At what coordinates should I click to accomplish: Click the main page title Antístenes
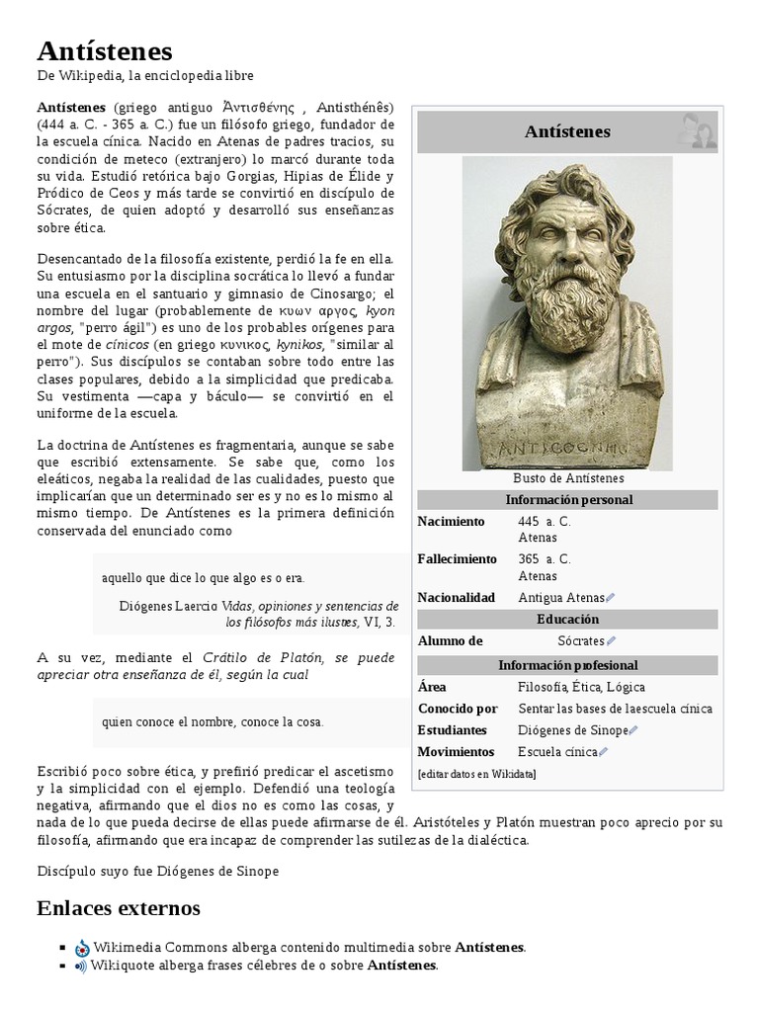(x=104, y=50)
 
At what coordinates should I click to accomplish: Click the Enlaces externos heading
(x=118, y=907)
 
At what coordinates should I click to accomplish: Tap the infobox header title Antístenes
(x=567, y=132)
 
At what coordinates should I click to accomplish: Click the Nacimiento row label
(x=451, y=521)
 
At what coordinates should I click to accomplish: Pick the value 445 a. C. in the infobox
(x=545, y=521)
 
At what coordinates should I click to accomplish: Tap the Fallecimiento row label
(x=457, y=558)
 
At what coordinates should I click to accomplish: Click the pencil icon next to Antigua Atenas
(x=611, y=598)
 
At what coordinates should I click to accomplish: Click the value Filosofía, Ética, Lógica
(x=580, y=687)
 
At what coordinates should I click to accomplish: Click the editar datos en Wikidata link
(x=477, y=774)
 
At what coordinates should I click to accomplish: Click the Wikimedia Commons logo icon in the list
(x=82, y=948)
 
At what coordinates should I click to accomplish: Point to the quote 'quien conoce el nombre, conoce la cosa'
(x=211, y=721)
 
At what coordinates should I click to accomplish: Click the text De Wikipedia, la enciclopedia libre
(x=145, y=76)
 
